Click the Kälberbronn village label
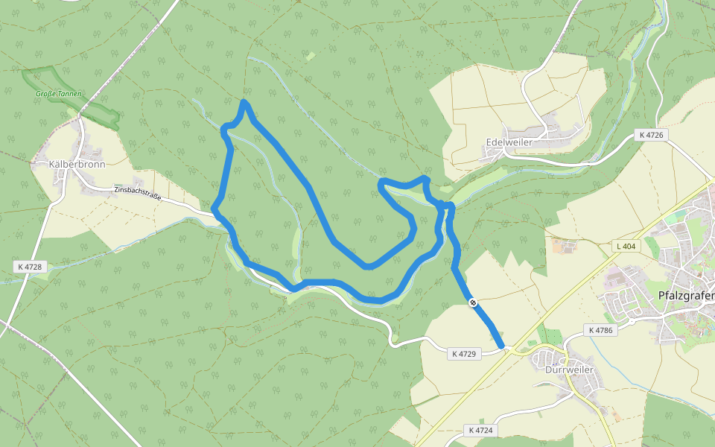click(x=77, y=164)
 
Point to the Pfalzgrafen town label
click(x=686, y=295)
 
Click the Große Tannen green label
click(x=59, y=94)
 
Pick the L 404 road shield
click(x=628, y=246)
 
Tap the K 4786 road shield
click(x=600, y=329)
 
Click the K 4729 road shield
click(x=463, y=354)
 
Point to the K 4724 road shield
click(x=481, y=430)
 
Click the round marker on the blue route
click(x=473, y=302)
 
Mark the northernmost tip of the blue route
click(x=244, y=101)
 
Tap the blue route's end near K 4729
click(x=503, y=346)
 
